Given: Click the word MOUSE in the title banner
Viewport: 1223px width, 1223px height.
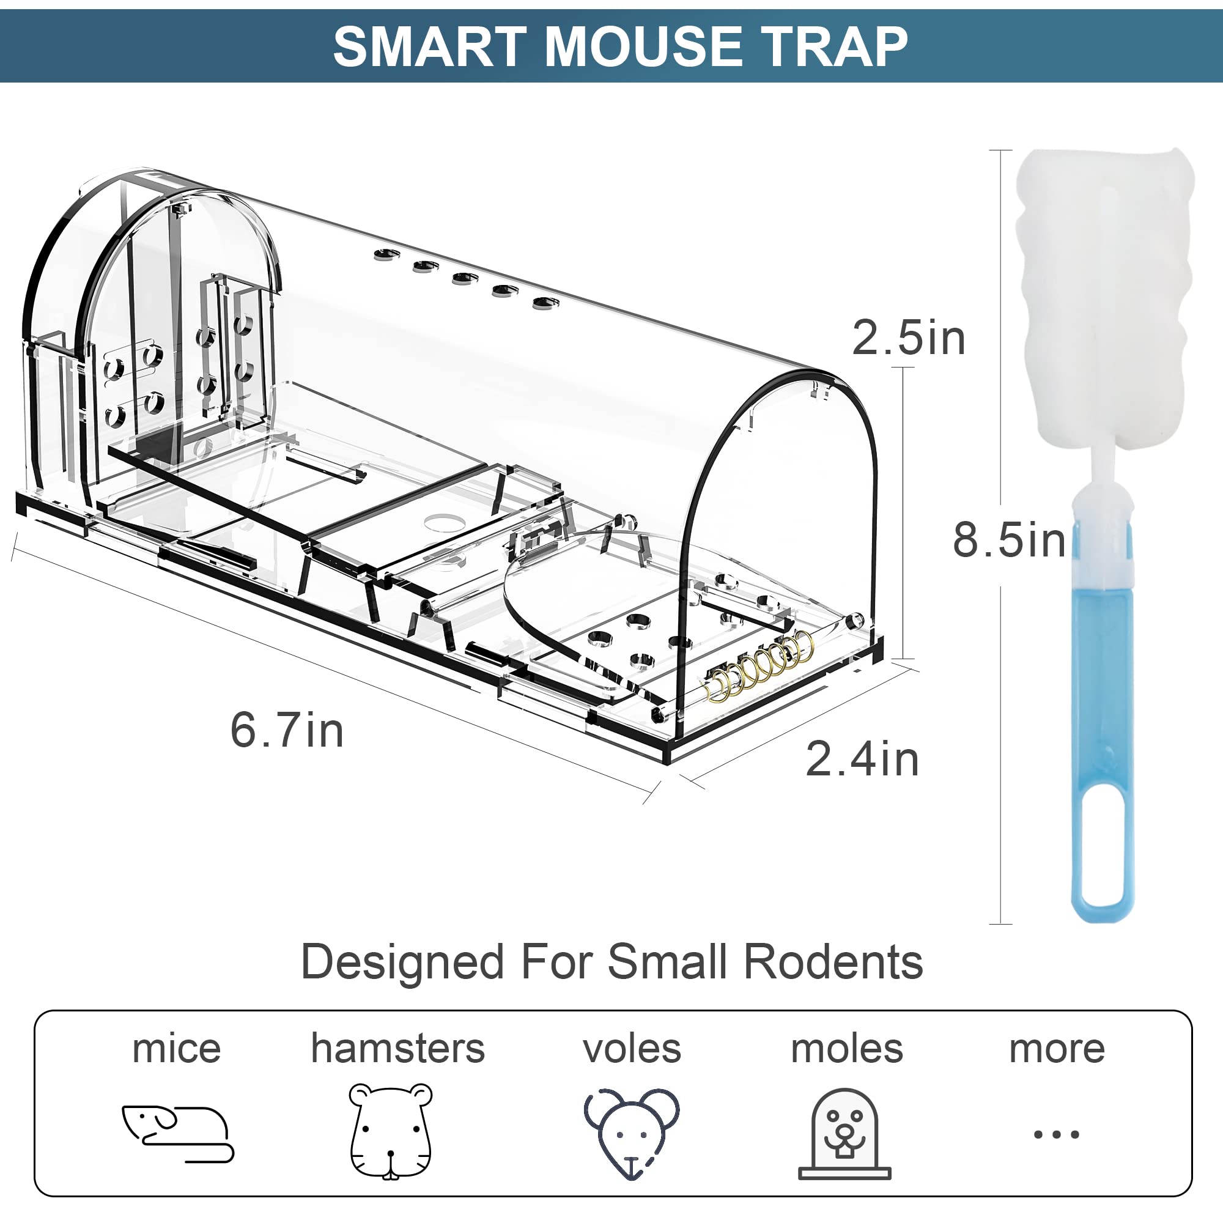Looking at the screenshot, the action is click(643, 47).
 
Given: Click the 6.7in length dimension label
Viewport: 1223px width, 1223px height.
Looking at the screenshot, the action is click(287, 730).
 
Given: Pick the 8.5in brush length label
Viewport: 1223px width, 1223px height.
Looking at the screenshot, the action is click(1009, 540).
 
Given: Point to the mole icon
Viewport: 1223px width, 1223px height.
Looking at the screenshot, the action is click(844, 1134).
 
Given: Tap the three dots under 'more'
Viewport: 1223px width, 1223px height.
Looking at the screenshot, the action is click(1056, 1134).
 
